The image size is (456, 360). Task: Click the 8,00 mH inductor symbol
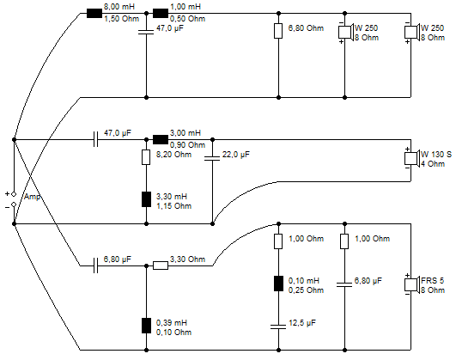pyautogui.click(x=94, y=14)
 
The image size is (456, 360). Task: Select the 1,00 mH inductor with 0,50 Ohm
pyautogui.click(x=161, y=14)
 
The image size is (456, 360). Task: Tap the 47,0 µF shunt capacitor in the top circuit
pyautogui.click(x=146, y=32)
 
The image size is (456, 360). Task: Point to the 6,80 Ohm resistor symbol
pyautogui.click(x=278, y=31)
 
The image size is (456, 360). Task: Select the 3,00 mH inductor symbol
pyautogui.click(x=161, y=140)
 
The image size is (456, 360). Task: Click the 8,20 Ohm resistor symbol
pyautogui.click(x=146, y=157)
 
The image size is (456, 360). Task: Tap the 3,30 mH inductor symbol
pyautogui.click(x=146, y=199)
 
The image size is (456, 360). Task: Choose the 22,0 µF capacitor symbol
pyautogui.click(x=212, y=158)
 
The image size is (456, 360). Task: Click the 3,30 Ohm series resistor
pyautogui.click(x=161, y=265)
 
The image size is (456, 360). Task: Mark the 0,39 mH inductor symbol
pyautogui.click(x=146, y=326)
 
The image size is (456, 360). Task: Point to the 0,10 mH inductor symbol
pyautogui.click(x=278, y=284)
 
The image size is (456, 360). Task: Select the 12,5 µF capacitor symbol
pyautogui.click(x=278, y=326)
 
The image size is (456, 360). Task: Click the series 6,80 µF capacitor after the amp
pyautogui.click(x=95, y=265)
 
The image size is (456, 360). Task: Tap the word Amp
pyautogui.click(x=32, y=197)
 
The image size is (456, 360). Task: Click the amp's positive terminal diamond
pyautogui.click(x=14, y=194)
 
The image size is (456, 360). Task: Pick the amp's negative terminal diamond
pyautogui.click(x=14, y=204)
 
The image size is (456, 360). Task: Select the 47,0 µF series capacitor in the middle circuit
pyautogui.click(x=95, y=140)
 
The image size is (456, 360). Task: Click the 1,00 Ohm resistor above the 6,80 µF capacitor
pyautogui.click(x=344, y=241)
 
